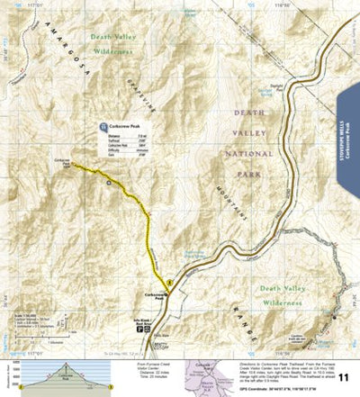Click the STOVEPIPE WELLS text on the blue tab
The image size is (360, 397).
point(348,126)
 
